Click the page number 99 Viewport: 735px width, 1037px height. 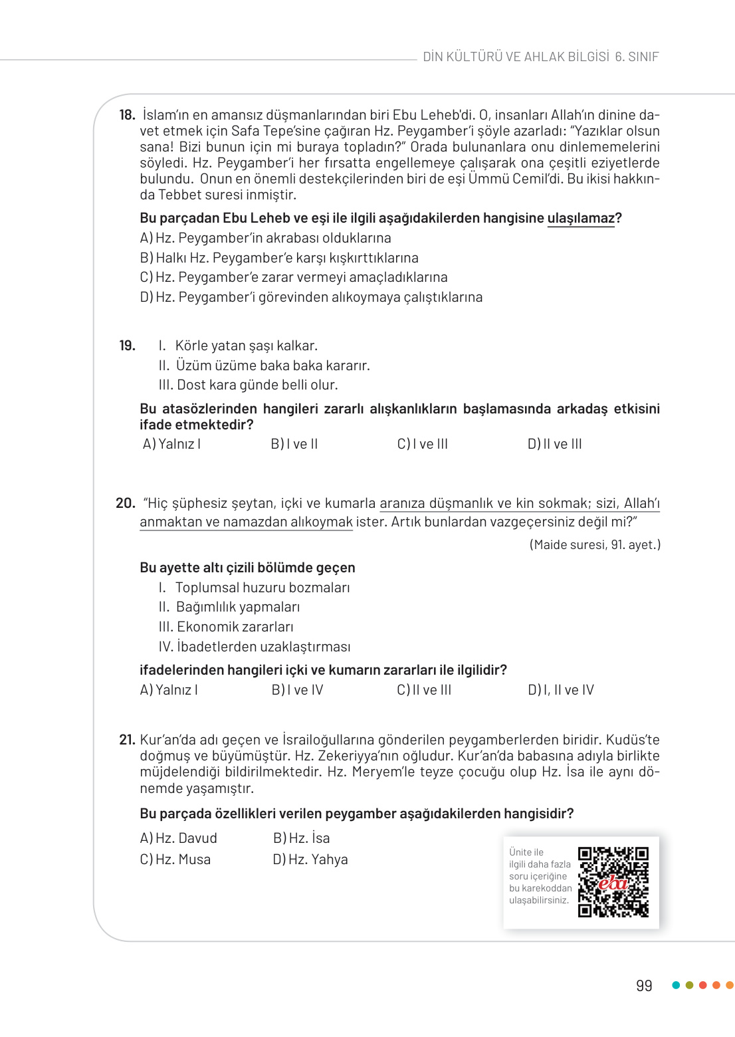pyautogui.click(x=643, y=986)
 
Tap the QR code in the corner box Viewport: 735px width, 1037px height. pyautogui.click(x=613, y=882)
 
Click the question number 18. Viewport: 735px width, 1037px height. pyautogui.click(x=127, y=115)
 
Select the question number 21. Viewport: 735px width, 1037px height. pyautogui.click(x=127, y=740)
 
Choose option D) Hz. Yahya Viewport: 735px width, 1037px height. pyautogui.click(x=310, y=860)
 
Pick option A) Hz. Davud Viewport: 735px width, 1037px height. pyautogui.click(x=178, y=838)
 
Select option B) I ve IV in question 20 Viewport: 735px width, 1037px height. pyautogui.click(x=297, y=690)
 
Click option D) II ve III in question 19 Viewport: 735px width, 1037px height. pyautogui.click(x=554, y=444)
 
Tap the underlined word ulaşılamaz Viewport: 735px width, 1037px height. pyautogui.click(x=581, y=218)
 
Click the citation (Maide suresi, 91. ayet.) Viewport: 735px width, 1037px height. pyautogui.click(x=595, y=545)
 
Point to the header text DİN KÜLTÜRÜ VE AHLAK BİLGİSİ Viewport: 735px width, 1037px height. pyautogui.click(x=516, y=57)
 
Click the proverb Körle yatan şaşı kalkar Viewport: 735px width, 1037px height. pyautogui.click(x=246, y=346)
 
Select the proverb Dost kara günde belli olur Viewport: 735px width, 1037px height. pyautogui.click(x=257, y=385)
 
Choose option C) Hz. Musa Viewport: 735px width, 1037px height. pyautogui.click(x=175, y=860)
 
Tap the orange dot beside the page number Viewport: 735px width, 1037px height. pyautogui.click(x=729, y=985)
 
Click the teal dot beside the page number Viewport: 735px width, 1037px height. pyautogui.click(x=676, y=985)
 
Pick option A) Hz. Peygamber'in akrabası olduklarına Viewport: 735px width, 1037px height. pyautogui.click(x=265, y=238)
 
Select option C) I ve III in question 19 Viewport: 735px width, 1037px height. pyautogui.click(x=422, y=444)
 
